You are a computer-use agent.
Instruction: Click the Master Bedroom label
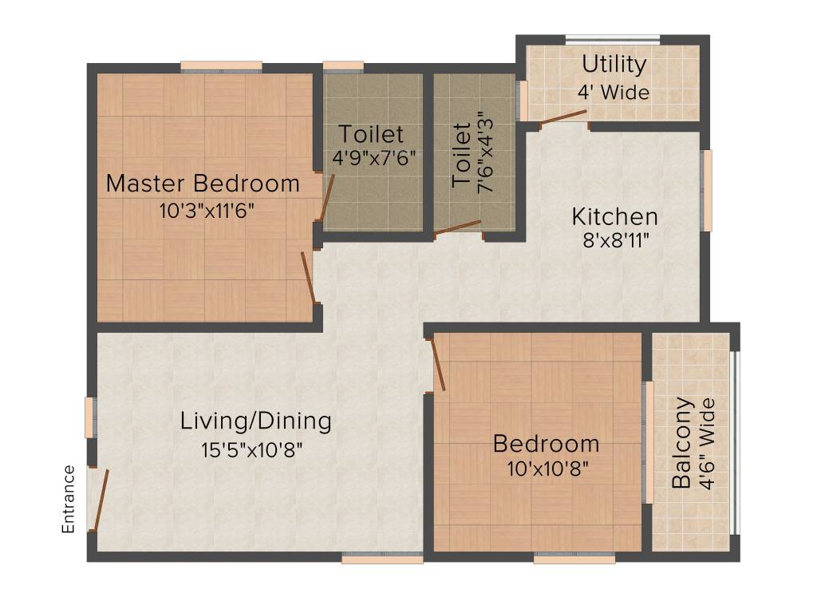203,184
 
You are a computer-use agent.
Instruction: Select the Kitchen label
614,216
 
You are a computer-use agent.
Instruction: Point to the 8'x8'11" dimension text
614,241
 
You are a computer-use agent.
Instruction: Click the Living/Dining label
255,421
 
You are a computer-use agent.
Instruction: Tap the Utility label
614,64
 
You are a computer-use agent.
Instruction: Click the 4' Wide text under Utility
614,92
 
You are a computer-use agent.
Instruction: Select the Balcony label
682,443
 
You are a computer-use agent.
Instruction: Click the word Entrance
69,499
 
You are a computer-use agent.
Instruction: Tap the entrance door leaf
100,500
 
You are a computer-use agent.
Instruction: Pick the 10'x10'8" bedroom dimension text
547,469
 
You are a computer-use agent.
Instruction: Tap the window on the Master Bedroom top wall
221,66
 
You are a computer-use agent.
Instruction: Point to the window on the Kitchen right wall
705,191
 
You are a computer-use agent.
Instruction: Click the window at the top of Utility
613,38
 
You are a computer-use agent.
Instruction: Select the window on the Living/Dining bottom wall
382,560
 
